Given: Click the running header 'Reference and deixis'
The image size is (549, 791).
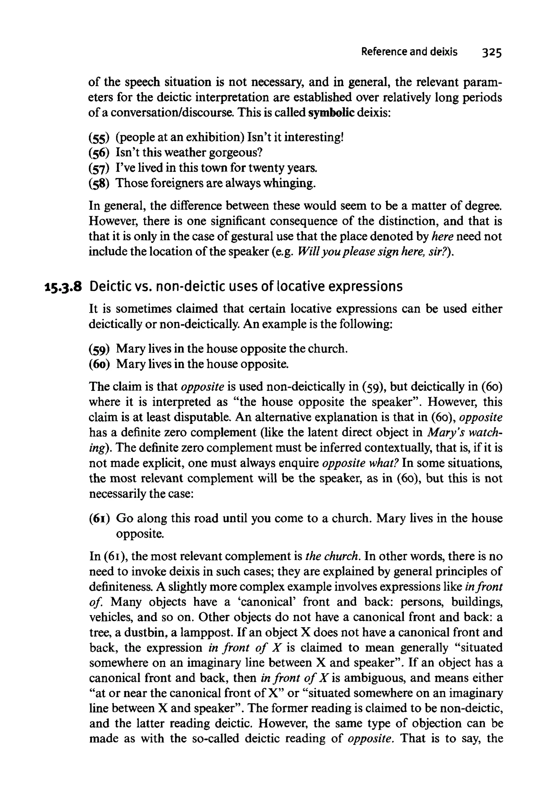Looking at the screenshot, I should [x=409, y=52].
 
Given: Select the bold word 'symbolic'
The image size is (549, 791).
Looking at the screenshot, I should [x=332, y=113].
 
